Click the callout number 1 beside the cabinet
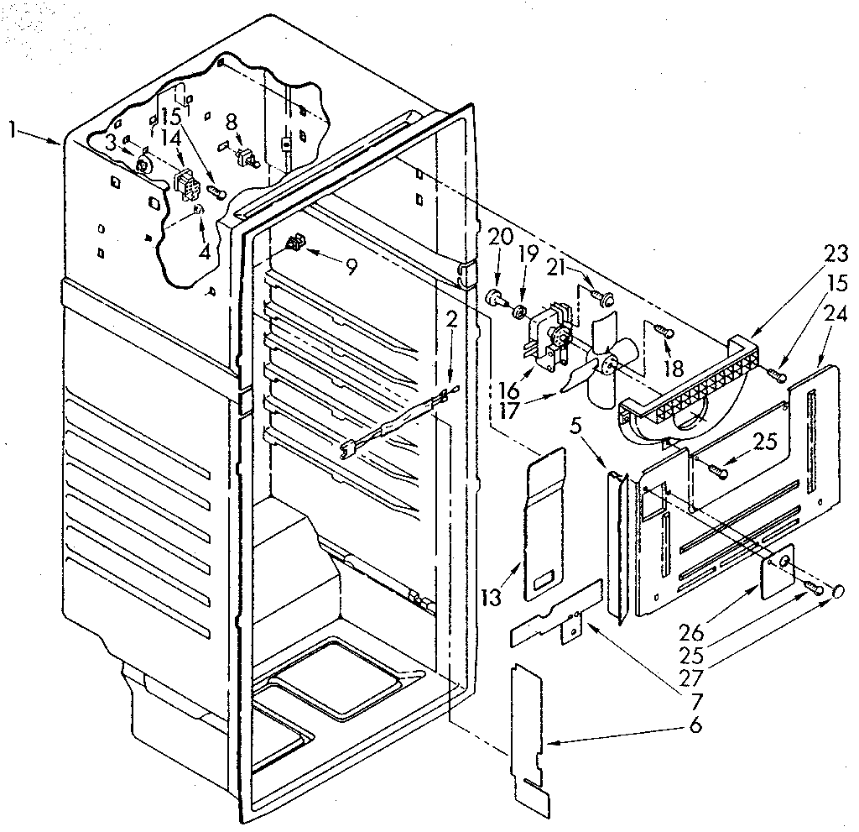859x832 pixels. click(x=12, y=128)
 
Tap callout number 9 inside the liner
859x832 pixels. click(x=350, y=267)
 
